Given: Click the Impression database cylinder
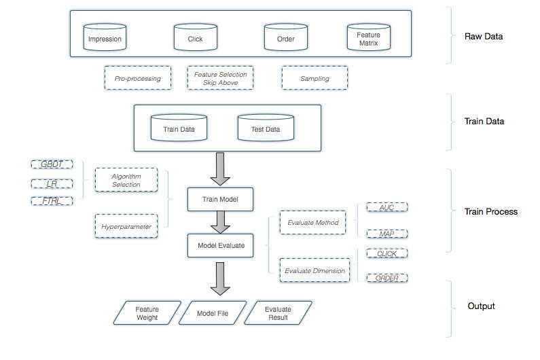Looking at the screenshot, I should point(105,38).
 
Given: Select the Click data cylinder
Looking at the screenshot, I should point(195,38).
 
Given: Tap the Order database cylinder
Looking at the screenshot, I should point(285,38).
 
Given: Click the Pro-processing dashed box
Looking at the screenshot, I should point(137,79).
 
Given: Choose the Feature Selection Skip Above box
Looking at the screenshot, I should point(220,79).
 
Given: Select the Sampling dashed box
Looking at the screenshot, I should point(314,79).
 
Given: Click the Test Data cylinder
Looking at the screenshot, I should point(266,128).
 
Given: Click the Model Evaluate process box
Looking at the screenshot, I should point(220,245).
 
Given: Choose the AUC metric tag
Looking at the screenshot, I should point(386,207).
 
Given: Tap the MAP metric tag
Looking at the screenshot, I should point(386,233).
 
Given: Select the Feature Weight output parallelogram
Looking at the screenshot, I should point(147,312).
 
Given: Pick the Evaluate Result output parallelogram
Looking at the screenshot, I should point(276,312).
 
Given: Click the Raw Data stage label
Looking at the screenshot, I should point(484,36).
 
